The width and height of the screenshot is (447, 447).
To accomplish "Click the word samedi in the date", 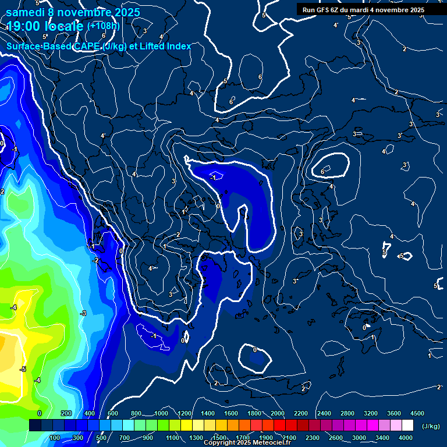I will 28,12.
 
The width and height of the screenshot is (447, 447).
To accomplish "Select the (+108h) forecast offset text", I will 104,26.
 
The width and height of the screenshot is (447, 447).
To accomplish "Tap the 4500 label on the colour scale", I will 417,413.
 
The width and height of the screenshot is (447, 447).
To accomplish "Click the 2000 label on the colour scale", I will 278,413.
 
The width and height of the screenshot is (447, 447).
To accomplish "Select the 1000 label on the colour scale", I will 161,413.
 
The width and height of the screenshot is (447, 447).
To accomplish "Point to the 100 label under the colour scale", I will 56,438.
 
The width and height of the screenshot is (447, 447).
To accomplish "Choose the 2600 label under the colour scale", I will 336,438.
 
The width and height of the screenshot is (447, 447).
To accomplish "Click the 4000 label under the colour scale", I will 406,438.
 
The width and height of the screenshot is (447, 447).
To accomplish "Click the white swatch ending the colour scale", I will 407,425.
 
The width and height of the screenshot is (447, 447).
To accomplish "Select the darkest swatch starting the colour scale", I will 35,425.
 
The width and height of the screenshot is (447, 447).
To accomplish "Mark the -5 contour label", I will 23,369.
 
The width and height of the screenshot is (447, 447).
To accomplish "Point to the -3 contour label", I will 83,313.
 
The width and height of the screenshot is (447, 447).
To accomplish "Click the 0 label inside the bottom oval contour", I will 254,350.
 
